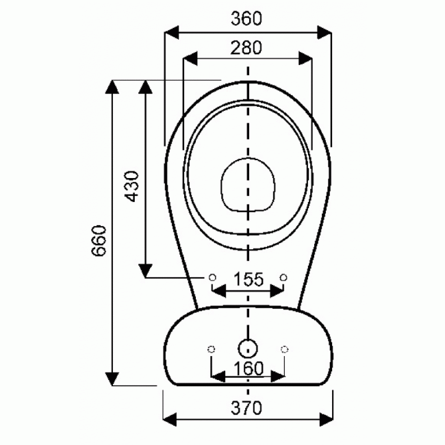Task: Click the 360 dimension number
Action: point(246,19)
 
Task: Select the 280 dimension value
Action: point(246,48)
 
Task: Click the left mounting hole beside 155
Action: point(212,277)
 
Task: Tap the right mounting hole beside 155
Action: point(283,277)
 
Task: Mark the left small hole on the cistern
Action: point(211,349)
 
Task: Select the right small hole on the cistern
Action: point(283,349)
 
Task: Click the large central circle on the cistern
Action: point(247,347)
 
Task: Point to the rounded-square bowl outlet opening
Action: point(247,185)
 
